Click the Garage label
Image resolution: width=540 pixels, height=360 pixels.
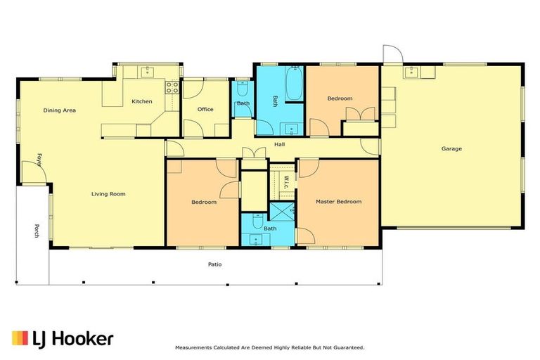tap(451, 148)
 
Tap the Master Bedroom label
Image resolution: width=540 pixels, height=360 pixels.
tap(338, 202)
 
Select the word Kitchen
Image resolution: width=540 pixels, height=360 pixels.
tap(142, 101)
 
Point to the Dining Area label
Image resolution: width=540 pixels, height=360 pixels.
tap(60, 110)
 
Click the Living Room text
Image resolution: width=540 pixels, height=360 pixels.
tap(108, 193)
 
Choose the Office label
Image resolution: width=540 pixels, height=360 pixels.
tap(205, 109)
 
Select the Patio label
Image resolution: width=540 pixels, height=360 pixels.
tap(215, 264)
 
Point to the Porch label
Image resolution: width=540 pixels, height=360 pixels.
tap(36, 231)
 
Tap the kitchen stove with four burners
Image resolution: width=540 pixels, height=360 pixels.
tap(172, 88)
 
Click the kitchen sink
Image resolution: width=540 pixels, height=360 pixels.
tap(146, 71)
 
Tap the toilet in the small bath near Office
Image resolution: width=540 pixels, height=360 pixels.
tap(243, 88)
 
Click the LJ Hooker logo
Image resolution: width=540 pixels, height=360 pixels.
tap(62, 338)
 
